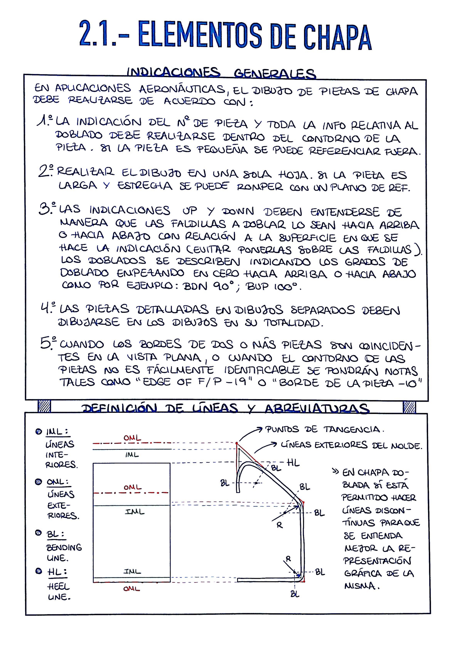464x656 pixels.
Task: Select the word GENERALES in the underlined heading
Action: (275, 73)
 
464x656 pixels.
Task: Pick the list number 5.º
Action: (48, 343)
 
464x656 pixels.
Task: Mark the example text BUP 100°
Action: (272, 286)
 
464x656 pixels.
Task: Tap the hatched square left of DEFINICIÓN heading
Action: (44, 406)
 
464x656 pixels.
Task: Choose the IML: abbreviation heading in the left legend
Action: (57, 431)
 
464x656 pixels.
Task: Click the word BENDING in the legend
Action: (64, 547)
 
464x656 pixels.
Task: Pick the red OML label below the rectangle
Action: (132, 589)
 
